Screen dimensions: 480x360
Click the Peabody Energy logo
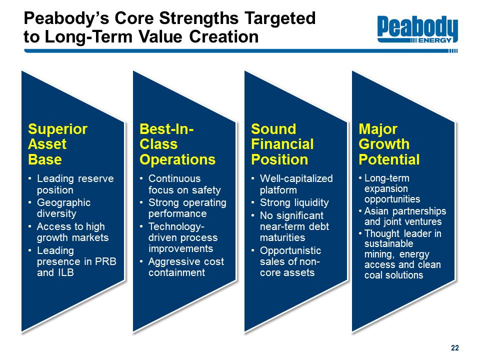(x=417, y=29)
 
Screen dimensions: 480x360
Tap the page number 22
(x=455, y=348)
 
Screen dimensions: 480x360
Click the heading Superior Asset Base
(x=58, y=144)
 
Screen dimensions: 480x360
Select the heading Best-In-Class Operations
(x=177, y=144)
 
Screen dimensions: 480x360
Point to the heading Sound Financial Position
(x=282, y=144)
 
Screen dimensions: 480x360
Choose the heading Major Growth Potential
(x=389, y=144)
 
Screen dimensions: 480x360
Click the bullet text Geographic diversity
(x=63, y=208)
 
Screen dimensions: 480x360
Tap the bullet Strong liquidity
(x=294, y=202)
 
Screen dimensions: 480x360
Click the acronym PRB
(x=105, y=261)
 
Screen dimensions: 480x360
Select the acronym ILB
(x=64, y=272)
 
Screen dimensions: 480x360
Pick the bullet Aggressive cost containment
(x=186, y=267)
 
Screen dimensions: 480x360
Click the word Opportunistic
(x=290, y=250)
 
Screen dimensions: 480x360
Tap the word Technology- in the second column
(x=176, y=227)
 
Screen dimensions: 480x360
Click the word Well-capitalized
(x=296, y=178)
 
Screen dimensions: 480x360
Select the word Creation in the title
(x=224, y=36)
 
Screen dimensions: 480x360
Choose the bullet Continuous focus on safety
(x=184, y=184)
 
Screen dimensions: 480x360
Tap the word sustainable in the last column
(x=389, y=243)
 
